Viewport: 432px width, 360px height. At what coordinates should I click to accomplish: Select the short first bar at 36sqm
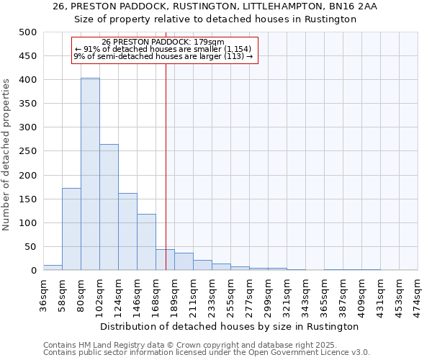tap(53, 267)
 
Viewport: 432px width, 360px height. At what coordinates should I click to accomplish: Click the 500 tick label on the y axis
tap(27, 32)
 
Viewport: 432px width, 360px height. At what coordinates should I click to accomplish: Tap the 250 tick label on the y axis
tap(27, 151)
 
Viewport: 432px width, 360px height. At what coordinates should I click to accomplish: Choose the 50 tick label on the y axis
tap(30, 247)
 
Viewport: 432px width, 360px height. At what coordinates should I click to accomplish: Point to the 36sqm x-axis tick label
tap(44, 294)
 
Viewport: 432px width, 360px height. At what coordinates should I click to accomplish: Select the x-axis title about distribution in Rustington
tap(230, 326)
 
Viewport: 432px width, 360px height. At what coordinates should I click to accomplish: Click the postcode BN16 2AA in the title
tap(352, 6)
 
